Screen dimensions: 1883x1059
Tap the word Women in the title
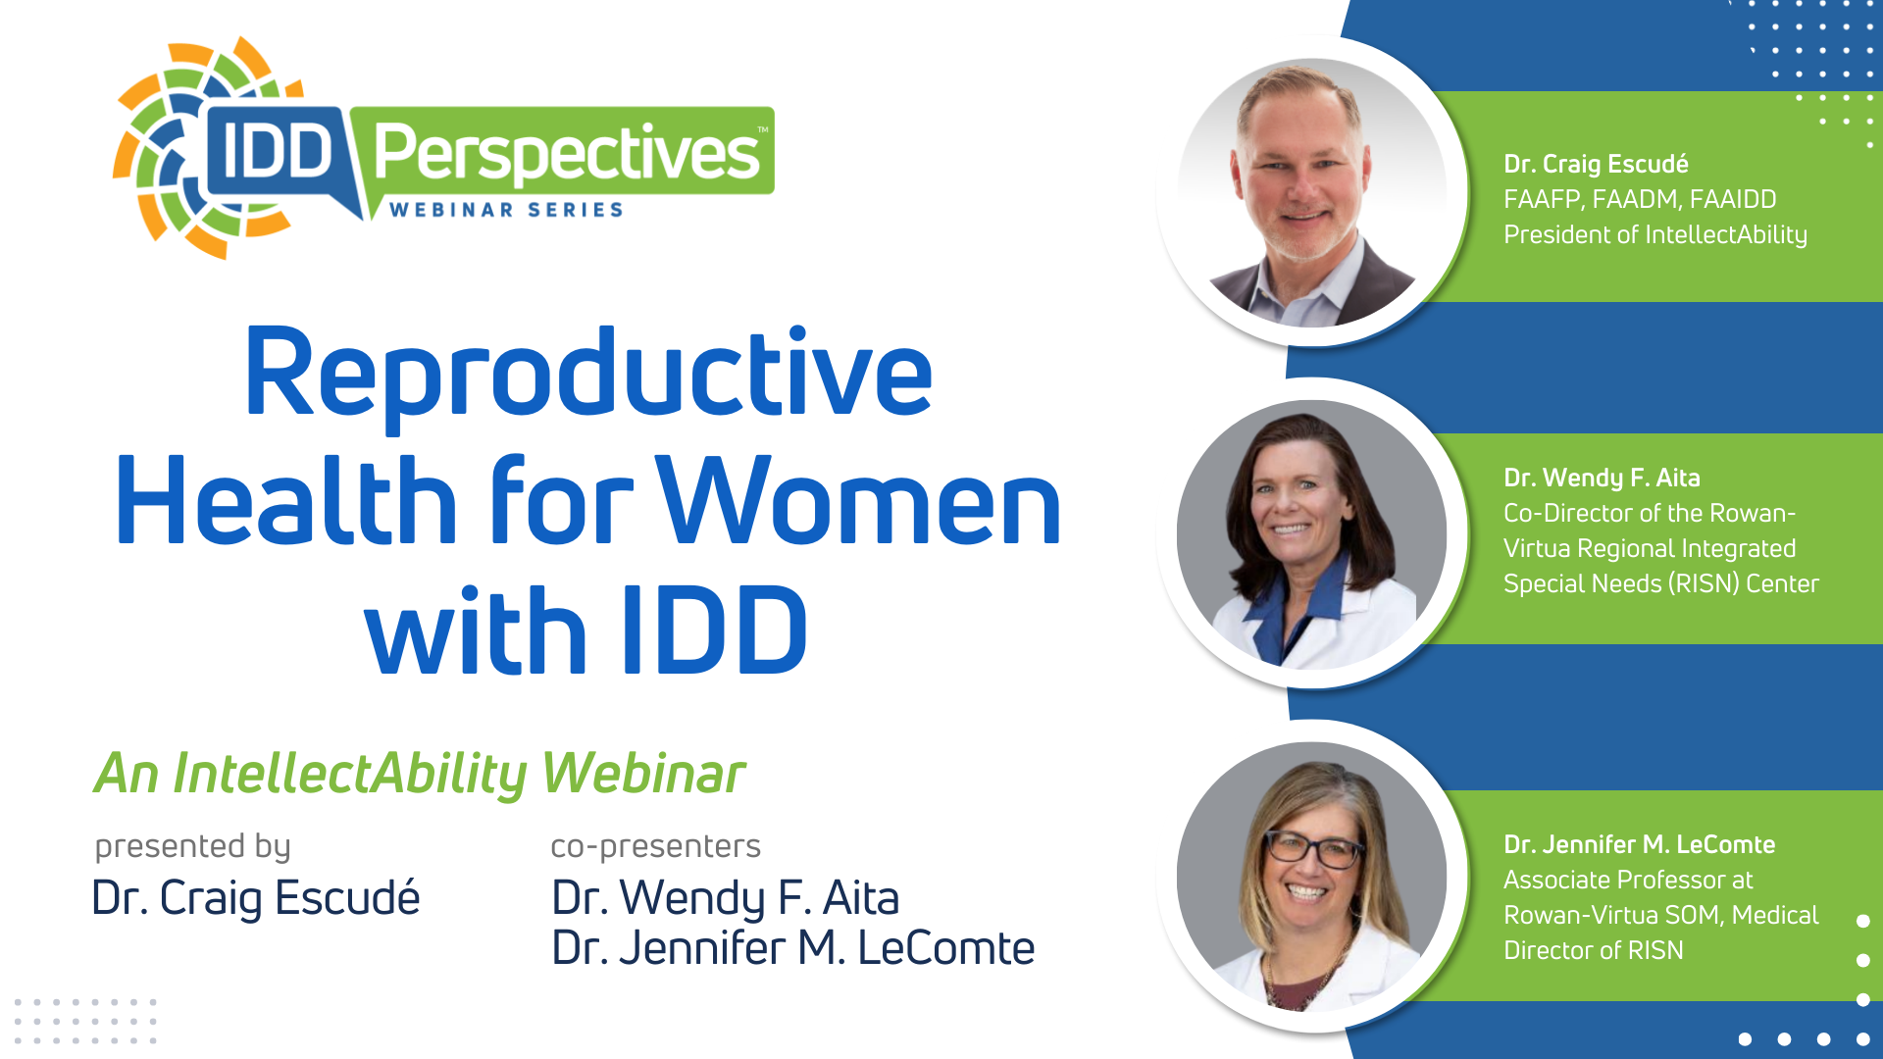[x=858, y=500]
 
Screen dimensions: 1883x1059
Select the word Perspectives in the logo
[x=567, y=153]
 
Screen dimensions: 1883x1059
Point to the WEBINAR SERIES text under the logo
[x=506, y=210]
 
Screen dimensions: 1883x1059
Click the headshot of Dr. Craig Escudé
[x=1312, y=192]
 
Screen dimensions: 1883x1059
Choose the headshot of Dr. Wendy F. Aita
[x=1312, y=534]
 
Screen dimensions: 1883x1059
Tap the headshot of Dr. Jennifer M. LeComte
[x=1312, y=877]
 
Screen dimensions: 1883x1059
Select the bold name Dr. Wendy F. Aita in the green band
[x=1602, y=478]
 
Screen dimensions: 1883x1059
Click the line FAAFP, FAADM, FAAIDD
[x=1640, y=199]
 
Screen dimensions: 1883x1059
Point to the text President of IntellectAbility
[x=1655, y=235]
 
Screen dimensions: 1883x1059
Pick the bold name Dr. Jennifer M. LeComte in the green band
[x=1640, y=844]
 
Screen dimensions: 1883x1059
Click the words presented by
[x=192, y=845]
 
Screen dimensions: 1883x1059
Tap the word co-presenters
[x=655, y=845]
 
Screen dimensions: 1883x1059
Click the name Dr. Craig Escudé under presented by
[x=256, y=898]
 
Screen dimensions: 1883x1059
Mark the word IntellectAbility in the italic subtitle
[x=350, y=774]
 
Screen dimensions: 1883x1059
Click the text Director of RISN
[x=1594, y=950]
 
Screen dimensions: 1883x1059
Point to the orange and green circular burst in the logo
[x=167, y=147]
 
